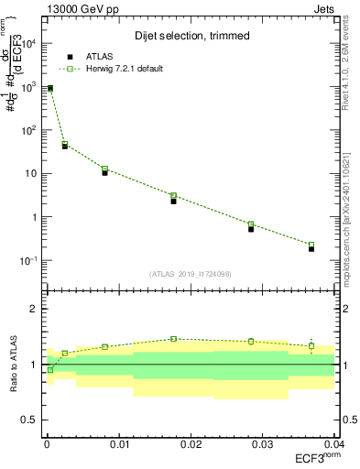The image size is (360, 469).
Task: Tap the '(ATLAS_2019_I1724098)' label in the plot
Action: point(190,273)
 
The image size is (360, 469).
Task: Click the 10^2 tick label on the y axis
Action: point(27,130)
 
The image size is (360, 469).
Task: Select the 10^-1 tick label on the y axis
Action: point(27,261)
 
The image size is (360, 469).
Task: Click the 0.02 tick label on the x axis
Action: point(191,444)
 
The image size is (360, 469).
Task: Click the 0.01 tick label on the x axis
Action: point(118,444)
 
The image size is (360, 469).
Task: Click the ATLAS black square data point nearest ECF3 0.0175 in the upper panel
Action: point(173,201)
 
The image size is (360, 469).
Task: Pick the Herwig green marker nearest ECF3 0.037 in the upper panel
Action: point(311,245)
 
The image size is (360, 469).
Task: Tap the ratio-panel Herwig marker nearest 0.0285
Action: point(251,342)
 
